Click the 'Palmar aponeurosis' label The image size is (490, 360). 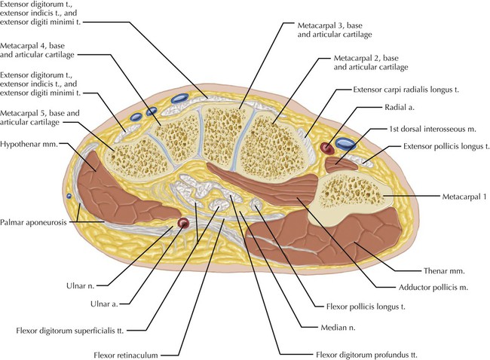(33, 222)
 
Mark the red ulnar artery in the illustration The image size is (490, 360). (183, 223)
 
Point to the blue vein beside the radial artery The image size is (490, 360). (346, 142)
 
